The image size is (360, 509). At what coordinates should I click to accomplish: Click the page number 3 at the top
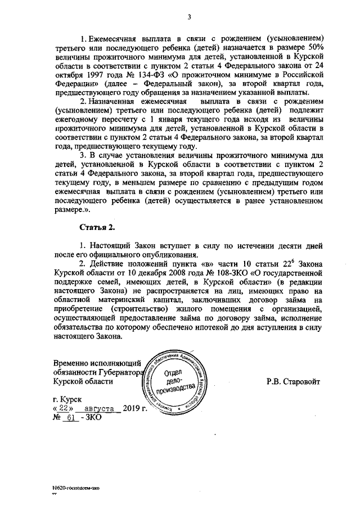click(190, 16)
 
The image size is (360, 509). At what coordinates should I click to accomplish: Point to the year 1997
click(78, 74)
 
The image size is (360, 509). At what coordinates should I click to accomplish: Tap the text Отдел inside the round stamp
click(173, 373)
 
